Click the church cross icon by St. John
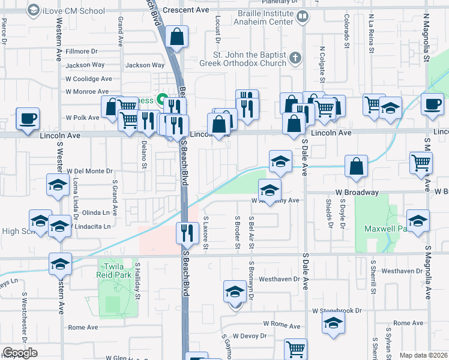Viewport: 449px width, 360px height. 294,58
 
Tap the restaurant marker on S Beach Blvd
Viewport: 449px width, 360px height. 187,232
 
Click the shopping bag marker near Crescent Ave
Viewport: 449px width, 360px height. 178,38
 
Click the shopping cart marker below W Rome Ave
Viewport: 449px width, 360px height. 295,349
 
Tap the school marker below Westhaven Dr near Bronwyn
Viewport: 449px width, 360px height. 234,292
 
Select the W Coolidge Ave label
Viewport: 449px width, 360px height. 89,79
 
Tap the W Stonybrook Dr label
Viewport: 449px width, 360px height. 337,311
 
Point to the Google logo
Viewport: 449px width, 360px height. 20,353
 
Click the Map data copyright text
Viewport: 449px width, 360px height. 423,355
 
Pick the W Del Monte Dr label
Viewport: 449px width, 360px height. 89,171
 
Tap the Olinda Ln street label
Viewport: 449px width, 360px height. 96,212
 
